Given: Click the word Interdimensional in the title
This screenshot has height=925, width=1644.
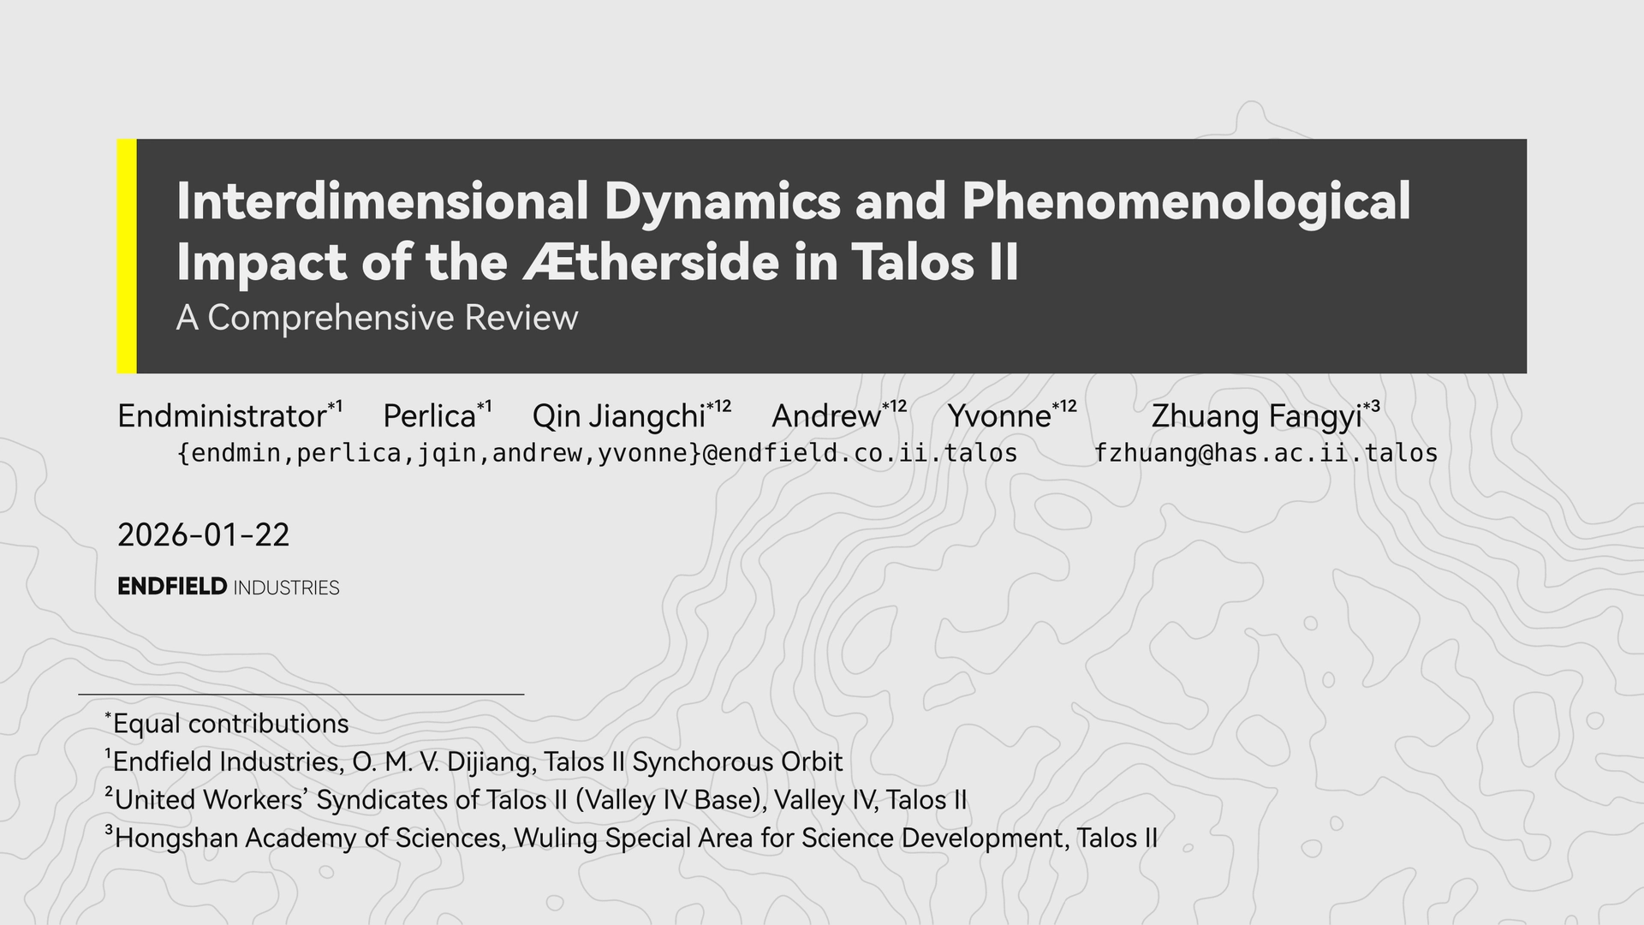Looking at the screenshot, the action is pos(383,200).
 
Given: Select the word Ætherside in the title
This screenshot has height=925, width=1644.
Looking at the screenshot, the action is pos(651,261).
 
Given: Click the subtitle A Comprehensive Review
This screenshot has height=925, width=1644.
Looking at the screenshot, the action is pos(377,318).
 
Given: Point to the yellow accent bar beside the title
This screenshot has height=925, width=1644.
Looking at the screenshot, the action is pos(127,256).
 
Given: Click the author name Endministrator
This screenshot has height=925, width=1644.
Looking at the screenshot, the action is pos(222,416).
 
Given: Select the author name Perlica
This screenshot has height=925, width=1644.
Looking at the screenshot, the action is pos(429,416).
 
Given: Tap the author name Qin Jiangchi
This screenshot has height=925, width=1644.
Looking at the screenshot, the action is pos(618,417).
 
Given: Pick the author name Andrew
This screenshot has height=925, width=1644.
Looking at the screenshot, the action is pos(826,416).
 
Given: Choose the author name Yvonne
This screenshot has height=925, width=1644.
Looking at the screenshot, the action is pos(999,416).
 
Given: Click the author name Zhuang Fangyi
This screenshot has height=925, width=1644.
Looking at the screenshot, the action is pos(1256,417).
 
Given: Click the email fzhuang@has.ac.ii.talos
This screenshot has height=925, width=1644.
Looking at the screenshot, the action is pos(1266,453).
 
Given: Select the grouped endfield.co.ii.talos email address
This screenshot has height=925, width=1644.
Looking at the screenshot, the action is pos(597,453).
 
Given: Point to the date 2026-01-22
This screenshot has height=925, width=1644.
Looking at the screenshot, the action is pos(204,535).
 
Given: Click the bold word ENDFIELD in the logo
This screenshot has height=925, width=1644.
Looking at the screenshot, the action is pos(172,587).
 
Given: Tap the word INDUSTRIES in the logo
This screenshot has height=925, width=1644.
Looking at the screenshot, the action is pos(286,588).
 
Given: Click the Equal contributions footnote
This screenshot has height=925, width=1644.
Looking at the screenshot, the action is pos(227,724).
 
